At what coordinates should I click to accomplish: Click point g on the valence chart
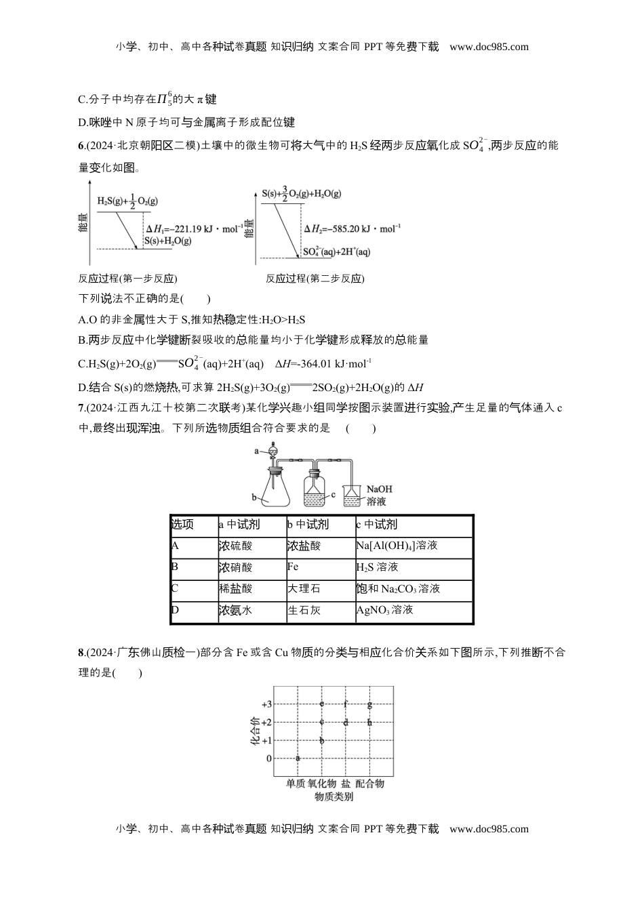pos(369,704)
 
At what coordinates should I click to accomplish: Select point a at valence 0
pos(298,758)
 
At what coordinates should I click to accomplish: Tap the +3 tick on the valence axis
pos(267,705)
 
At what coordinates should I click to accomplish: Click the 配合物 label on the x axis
pos(369,784)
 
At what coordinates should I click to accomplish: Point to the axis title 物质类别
pos(334,797)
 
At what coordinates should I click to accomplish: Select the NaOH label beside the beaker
pos(379,489)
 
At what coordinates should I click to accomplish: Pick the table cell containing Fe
pos(293,567)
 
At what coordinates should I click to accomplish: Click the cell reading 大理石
pos(304,588)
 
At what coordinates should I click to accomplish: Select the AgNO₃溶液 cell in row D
pos(384,610)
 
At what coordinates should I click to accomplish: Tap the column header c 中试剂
pos(377,525)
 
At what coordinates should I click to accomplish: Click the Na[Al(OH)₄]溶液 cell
pos(397,546)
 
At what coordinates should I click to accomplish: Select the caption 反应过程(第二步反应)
pos(315,279)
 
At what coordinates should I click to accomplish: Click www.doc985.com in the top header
pos(489,47)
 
